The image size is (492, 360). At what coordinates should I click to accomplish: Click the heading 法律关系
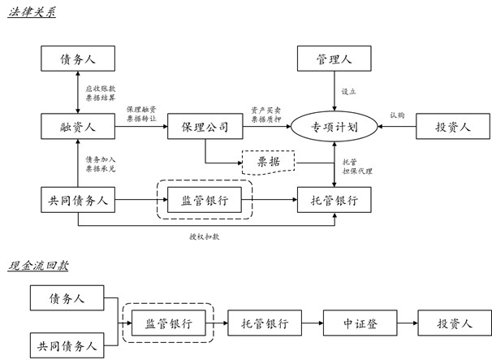click(x=32, y=14)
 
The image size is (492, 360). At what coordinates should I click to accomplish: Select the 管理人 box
click(x=334, y=59)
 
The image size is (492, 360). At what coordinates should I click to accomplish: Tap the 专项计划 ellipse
click(x=334, y=127)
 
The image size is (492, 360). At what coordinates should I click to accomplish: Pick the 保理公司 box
click(x=206, y=127)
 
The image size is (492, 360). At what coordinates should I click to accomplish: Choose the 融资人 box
click(x=78, y=127)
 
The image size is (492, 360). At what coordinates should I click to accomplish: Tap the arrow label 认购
click(x=396, y=115)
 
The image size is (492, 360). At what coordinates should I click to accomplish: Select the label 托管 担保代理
click(x=357, y=166)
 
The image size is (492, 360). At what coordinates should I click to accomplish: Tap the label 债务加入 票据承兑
click(x=101, y=165)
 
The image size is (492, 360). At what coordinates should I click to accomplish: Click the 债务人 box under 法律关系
click(x=78, y=59)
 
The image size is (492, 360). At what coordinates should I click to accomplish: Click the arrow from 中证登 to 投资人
click(x=405, y=323)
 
